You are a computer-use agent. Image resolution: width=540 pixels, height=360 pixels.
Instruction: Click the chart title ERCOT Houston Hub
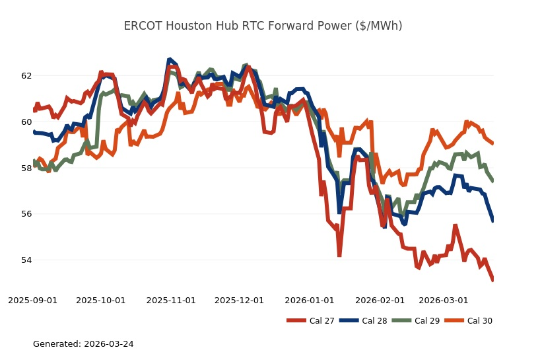coord(263,26)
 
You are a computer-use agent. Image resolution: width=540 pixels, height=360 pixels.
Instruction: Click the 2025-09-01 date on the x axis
coord(32,300)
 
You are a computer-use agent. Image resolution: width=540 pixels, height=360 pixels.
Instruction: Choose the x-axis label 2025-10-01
coord(101,300)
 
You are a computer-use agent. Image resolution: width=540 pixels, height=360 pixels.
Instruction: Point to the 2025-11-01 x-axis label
coord(171,300)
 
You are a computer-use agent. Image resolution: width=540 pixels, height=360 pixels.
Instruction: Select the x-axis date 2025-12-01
coord(239,300)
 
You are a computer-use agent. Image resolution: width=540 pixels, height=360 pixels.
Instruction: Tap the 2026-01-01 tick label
coord(309,300)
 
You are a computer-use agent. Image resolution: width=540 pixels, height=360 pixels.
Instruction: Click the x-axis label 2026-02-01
coord(380,300)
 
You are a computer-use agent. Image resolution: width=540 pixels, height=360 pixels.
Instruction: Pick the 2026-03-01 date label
coord(443,300)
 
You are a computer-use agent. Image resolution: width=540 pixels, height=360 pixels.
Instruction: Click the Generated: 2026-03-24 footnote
coord(83,344)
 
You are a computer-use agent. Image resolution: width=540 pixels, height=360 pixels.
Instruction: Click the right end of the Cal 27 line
coord(493,280)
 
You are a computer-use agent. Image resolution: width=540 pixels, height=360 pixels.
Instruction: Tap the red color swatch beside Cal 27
coord(296,321)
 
